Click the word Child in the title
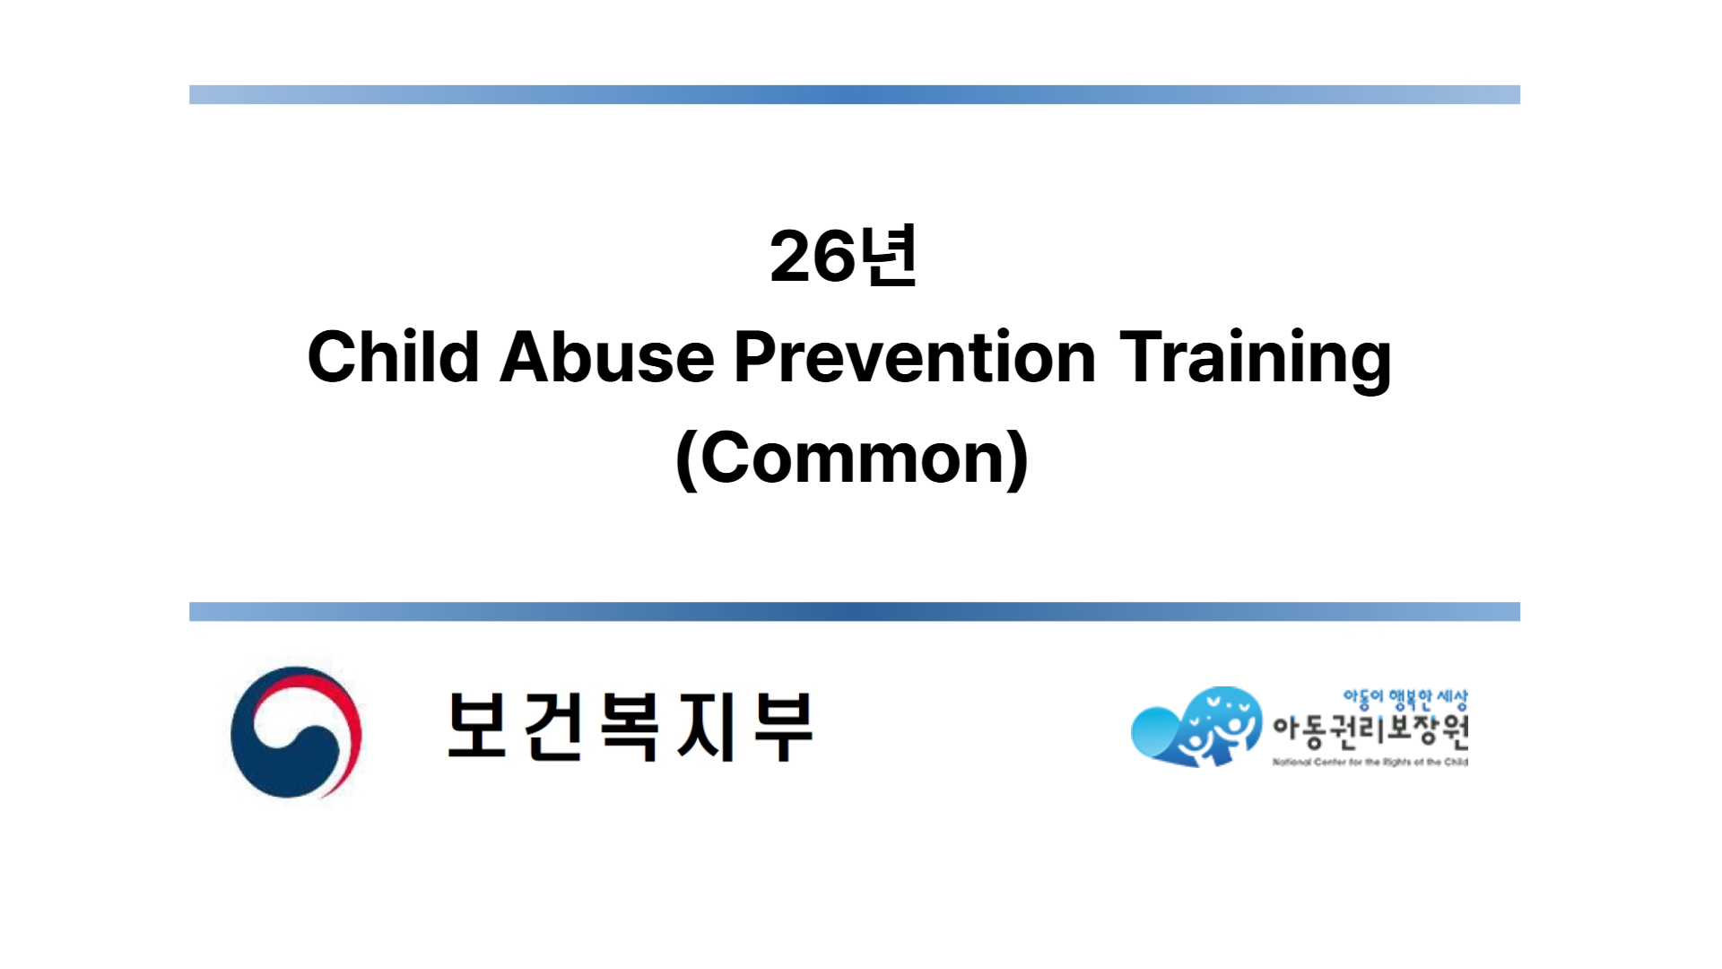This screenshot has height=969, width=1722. click(393, 357)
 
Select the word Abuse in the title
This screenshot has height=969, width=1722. click(606, 357)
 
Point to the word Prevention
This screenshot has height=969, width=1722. click(915, 357)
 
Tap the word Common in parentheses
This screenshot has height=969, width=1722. click(851, 458)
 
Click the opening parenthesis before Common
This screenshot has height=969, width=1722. click(686, 459)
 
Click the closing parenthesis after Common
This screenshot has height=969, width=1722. click(1017, 459)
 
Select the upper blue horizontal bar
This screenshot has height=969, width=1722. click(854, 94)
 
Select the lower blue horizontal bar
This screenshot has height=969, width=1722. click(854, 611)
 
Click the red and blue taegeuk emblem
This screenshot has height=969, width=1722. click(296, 732)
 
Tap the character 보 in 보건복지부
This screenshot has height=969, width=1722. click(478, 725)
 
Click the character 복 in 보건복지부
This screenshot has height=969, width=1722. click(631, 725)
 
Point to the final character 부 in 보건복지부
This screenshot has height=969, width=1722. click(782, 725)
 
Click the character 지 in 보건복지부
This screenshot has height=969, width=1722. click(707, 725)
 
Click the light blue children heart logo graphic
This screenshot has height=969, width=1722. click(1197, 727)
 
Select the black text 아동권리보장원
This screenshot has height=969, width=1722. click(1370, 731)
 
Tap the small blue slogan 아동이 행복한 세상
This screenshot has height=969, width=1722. click(1405, 699)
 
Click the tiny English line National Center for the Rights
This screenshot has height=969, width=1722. click(1370, 763)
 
